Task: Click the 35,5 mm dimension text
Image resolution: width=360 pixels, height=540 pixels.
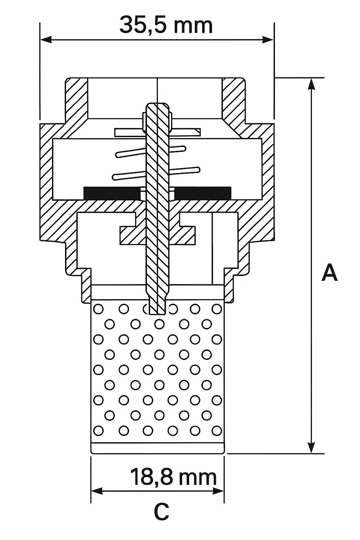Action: (166, 25)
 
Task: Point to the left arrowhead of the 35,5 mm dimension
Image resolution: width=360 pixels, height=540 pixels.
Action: (46, 39)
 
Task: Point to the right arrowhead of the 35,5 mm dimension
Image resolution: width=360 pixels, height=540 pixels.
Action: (268, 39)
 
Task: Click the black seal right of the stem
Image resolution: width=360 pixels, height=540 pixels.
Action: (202, 193)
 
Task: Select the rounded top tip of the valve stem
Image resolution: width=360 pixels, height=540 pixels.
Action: (157, 104)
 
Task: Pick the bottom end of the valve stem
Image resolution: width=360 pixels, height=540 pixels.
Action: (157, 313)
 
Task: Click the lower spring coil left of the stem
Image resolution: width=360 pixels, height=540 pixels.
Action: (129, 175)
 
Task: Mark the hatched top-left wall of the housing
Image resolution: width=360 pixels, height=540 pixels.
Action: (76, 99)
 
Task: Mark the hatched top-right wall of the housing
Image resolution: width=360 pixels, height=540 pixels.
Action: (233, 99)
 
